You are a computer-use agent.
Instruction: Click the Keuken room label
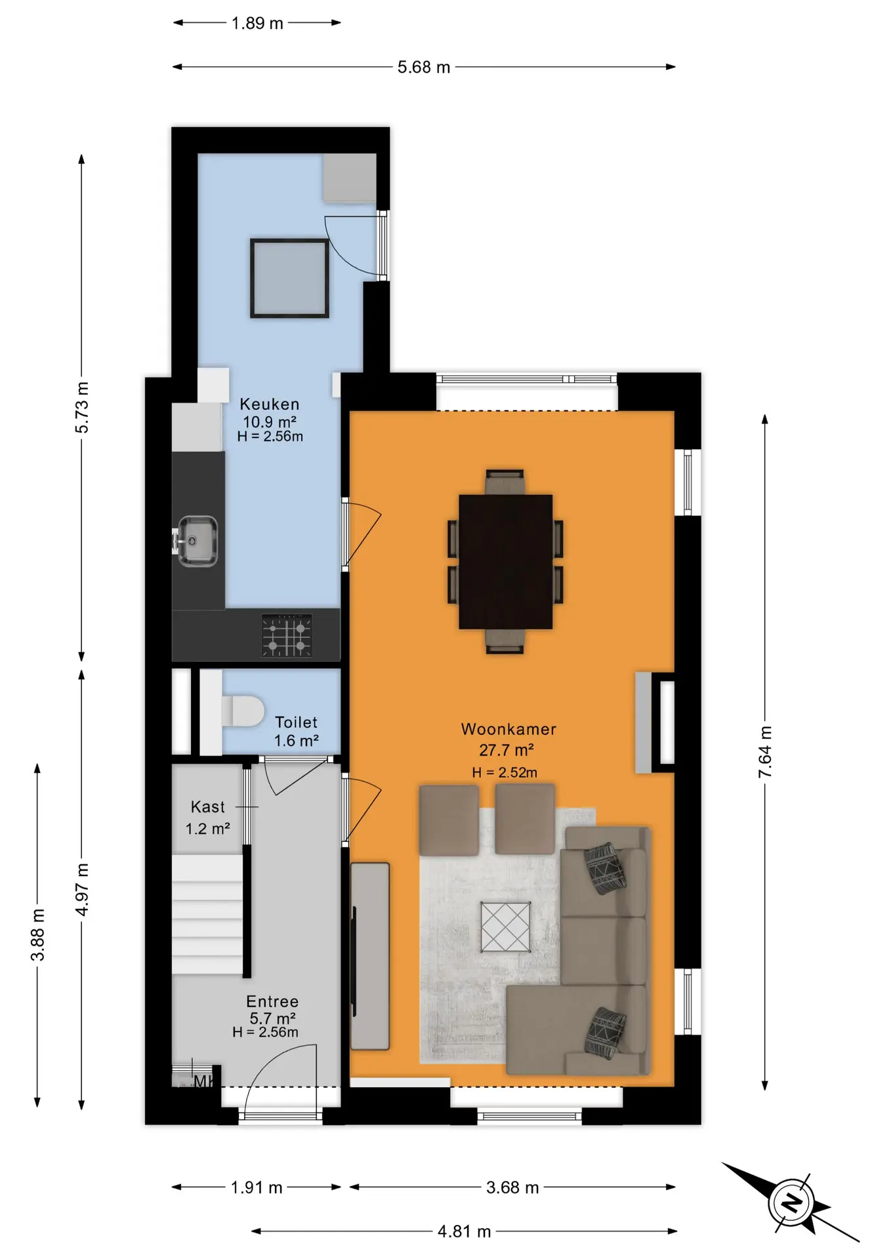pos(270,404)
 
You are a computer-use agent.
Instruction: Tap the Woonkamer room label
pos(508,729)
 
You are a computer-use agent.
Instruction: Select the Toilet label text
pos(296,722)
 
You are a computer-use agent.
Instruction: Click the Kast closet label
pos(207,807)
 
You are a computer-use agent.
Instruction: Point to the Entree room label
pos(272,1001)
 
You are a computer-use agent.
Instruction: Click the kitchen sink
pos(197,541)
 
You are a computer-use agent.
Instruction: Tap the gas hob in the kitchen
pos(287,635)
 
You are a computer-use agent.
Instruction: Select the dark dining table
pos(505,562)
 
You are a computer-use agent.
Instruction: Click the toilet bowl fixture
pos(243,711)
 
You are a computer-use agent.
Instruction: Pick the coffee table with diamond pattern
pos(505,927)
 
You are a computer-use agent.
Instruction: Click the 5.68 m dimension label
pos(424,67)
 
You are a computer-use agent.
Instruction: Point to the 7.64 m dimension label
pos(765,752)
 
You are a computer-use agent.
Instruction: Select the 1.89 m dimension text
pos(257,23)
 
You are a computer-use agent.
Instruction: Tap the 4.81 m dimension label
pos(465,1231)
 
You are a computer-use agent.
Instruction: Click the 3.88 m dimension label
pos(38,934)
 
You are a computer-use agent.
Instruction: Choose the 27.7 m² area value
pos(506,749)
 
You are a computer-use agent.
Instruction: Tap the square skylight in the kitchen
pos(289,278)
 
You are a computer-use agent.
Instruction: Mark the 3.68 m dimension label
pos(512,1187)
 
